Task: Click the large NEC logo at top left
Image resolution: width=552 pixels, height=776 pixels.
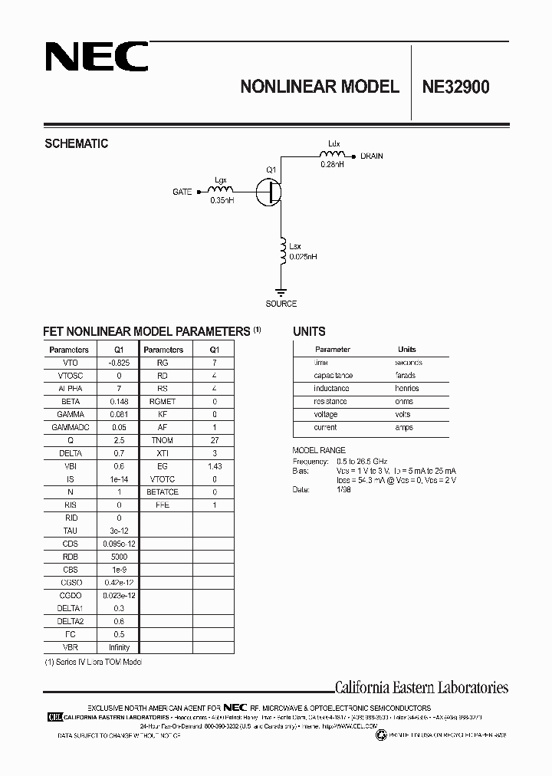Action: [96, 57]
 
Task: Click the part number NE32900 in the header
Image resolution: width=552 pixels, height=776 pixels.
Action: [455, 87]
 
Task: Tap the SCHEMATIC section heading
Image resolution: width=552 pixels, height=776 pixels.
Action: [77, 143]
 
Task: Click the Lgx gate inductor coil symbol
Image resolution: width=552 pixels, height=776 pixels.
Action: [220, 189]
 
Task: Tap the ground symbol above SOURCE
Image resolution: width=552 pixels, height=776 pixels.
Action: [281, 291]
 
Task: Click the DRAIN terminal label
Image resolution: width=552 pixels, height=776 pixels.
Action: [372, 156]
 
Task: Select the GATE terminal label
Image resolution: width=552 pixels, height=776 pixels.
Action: [182, 192]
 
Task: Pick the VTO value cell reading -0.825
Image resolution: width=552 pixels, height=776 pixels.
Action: [119, 363]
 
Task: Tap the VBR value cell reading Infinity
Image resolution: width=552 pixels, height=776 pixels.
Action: [119, 648]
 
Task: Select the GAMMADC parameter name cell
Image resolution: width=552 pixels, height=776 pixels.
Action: [70, 427]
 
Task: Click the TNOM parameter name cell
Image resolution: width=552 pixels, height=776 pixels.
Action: [163, 440]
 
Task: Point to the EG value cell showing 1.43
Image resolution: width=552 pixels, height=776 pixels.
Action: [214, 466]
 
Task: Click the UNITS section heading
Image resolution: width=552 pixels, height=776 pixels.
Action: [309, 332]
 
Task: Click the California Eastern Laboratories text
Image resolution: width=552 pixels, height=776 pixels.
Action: [422, 688]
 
